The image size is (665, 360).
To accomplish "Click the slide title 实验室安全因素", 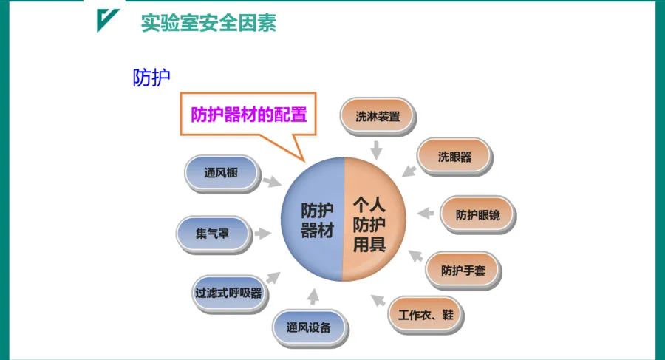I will point(209,23).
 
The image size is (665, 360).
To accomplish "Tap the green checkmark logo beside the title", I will point(108,21).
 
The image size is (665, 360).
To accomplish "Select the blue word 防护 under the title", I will point(151,78).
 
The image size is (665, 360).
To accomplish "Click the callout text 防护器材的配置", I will point(248,115).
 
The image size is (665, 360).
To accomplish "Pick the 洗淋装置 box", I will point(378,116).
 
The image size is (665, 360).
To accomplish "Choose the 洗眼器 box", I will point(454,157).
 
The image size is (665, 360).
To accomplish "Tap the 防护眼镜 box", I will point(477,215).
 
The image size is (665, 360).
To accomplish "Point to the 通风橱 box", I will point(221,174).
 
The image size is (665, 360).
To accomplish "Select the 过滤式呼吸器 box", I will point(228,292).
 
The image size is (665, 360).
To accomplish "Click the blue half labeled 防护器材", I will point(314,220).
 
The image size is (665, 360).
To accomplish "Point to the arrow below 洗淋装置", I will point(377,150).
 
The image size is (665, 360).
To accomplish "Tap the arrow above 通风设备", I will point(313,296).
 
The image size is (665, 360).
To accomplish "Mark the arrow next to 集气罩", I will point(262,233).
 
